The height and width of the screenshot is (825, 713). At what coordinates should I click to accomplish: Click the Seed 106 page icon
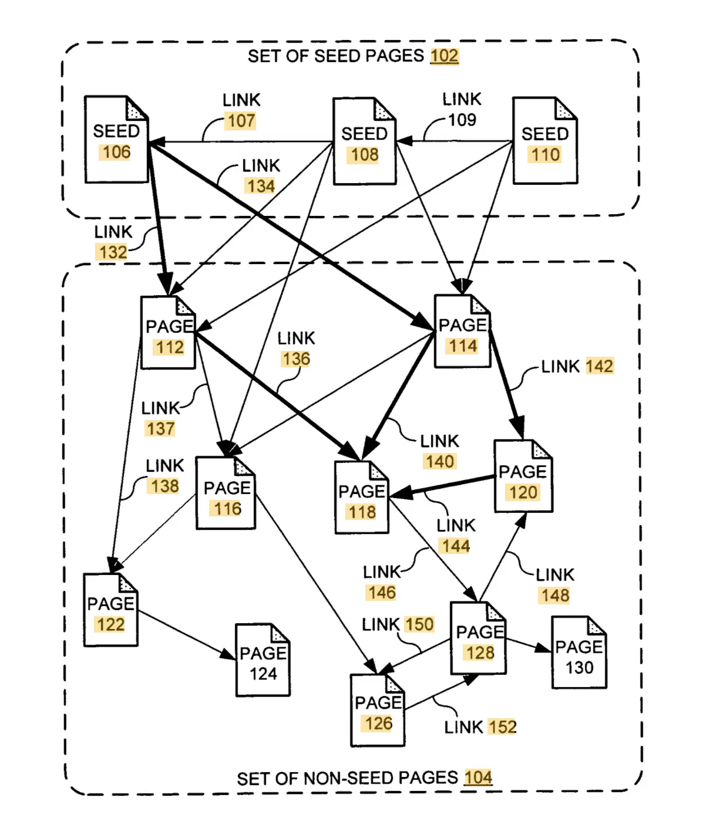click(116, 140)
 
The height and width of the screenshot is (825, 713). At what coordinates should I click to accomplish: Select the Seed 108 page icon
click(364, 142)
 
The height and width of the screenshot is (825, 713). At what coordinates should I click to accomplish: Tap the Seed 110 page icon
click(544, 141)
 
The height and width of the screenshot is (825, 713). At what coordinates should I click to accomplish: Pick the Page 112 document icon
click(168, 333)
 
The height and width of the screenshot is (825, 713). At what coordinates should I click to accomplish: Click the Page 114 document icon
click(462, 332)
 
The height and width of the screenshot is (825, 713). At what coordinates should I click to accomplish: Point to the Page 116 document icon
click(226, 493)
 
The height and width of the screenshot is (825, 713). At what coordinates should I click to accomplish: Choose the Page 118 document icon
click(361, 498)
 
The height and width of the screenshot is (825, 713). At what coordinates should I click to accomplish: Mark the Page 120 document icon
click(523, 476)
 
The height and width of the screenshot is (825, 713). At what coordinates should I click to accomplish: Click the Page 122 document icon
click(110, 610)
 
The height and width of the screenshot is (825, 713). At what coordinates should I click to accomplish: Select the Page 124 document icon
click(263, 660)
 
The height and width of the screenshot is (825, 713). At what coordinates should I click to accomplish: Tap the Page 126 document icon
click(378, 711)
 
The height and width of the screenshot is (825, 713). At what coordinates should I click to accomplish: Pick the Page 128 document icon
click(479, 638)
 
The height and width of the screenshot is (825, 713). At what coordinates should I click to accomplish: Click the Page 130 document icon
click(579, 652)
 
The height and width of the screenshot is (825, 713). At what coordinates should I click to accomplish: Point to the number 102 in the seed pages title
click(444, 56)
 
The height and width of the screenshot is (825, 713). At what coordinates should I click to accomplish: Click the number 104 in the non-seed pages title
click(478, 777)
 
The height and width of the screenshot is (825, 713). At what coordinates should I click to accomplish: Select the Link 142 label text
click(577, 367)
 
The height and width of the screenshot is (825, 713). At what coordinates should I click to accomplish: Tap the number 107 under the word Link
click(241, 121)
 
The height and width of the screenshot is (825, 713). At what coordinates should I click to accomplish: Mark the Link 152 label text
click(480, 727)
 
